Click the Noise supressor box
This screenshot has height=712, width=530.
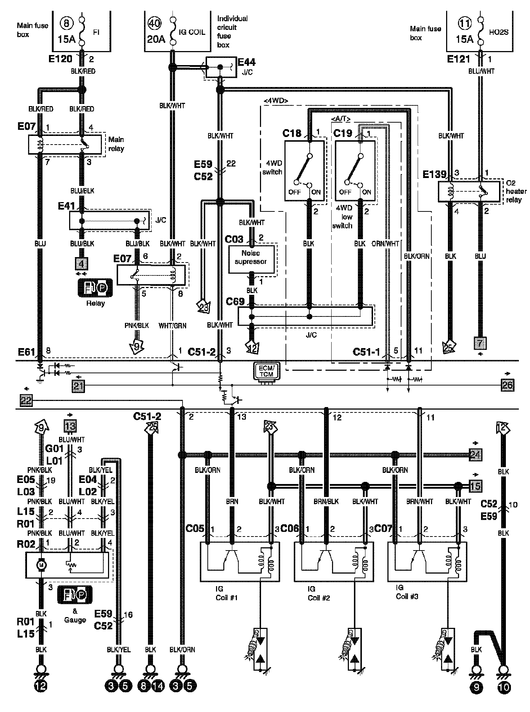pos(251,257)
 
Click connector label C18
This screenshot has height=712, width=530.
pos(292,133)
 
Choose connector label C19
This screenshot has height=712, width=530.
pos(342,133)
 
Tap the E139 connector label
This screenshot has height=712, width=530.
pos(434,174)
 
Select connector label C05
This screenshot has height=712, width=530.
pos(195,528)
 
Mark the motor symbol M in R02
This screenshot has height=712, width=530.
pos(41,566)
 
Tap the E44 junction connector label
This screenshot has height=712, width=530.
pos(247,62)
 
